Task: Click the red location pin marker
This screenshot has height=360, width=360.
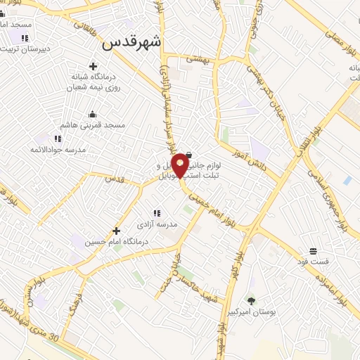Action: [x=180, y=165]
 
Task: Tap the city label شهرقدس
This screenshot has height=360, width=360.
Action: [x=131, y=42]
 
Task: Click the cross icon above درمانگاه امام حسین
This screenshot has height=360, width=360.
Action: [x=116, y=230]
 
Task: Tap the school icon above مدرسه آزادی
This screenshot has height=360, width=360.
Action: [x=157, y=212]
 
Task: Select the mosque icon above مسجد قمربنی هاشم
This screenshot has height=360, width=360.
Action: [x=91, y=114]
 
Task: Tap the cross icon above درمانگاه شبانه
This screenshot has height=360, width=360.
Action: [x=92, y=66]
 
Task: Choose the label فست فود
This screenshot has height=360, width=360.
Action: [x=313, y=262]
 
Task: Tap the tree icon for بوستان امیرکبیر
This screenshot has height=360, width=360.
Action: [x=251, y=300]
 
